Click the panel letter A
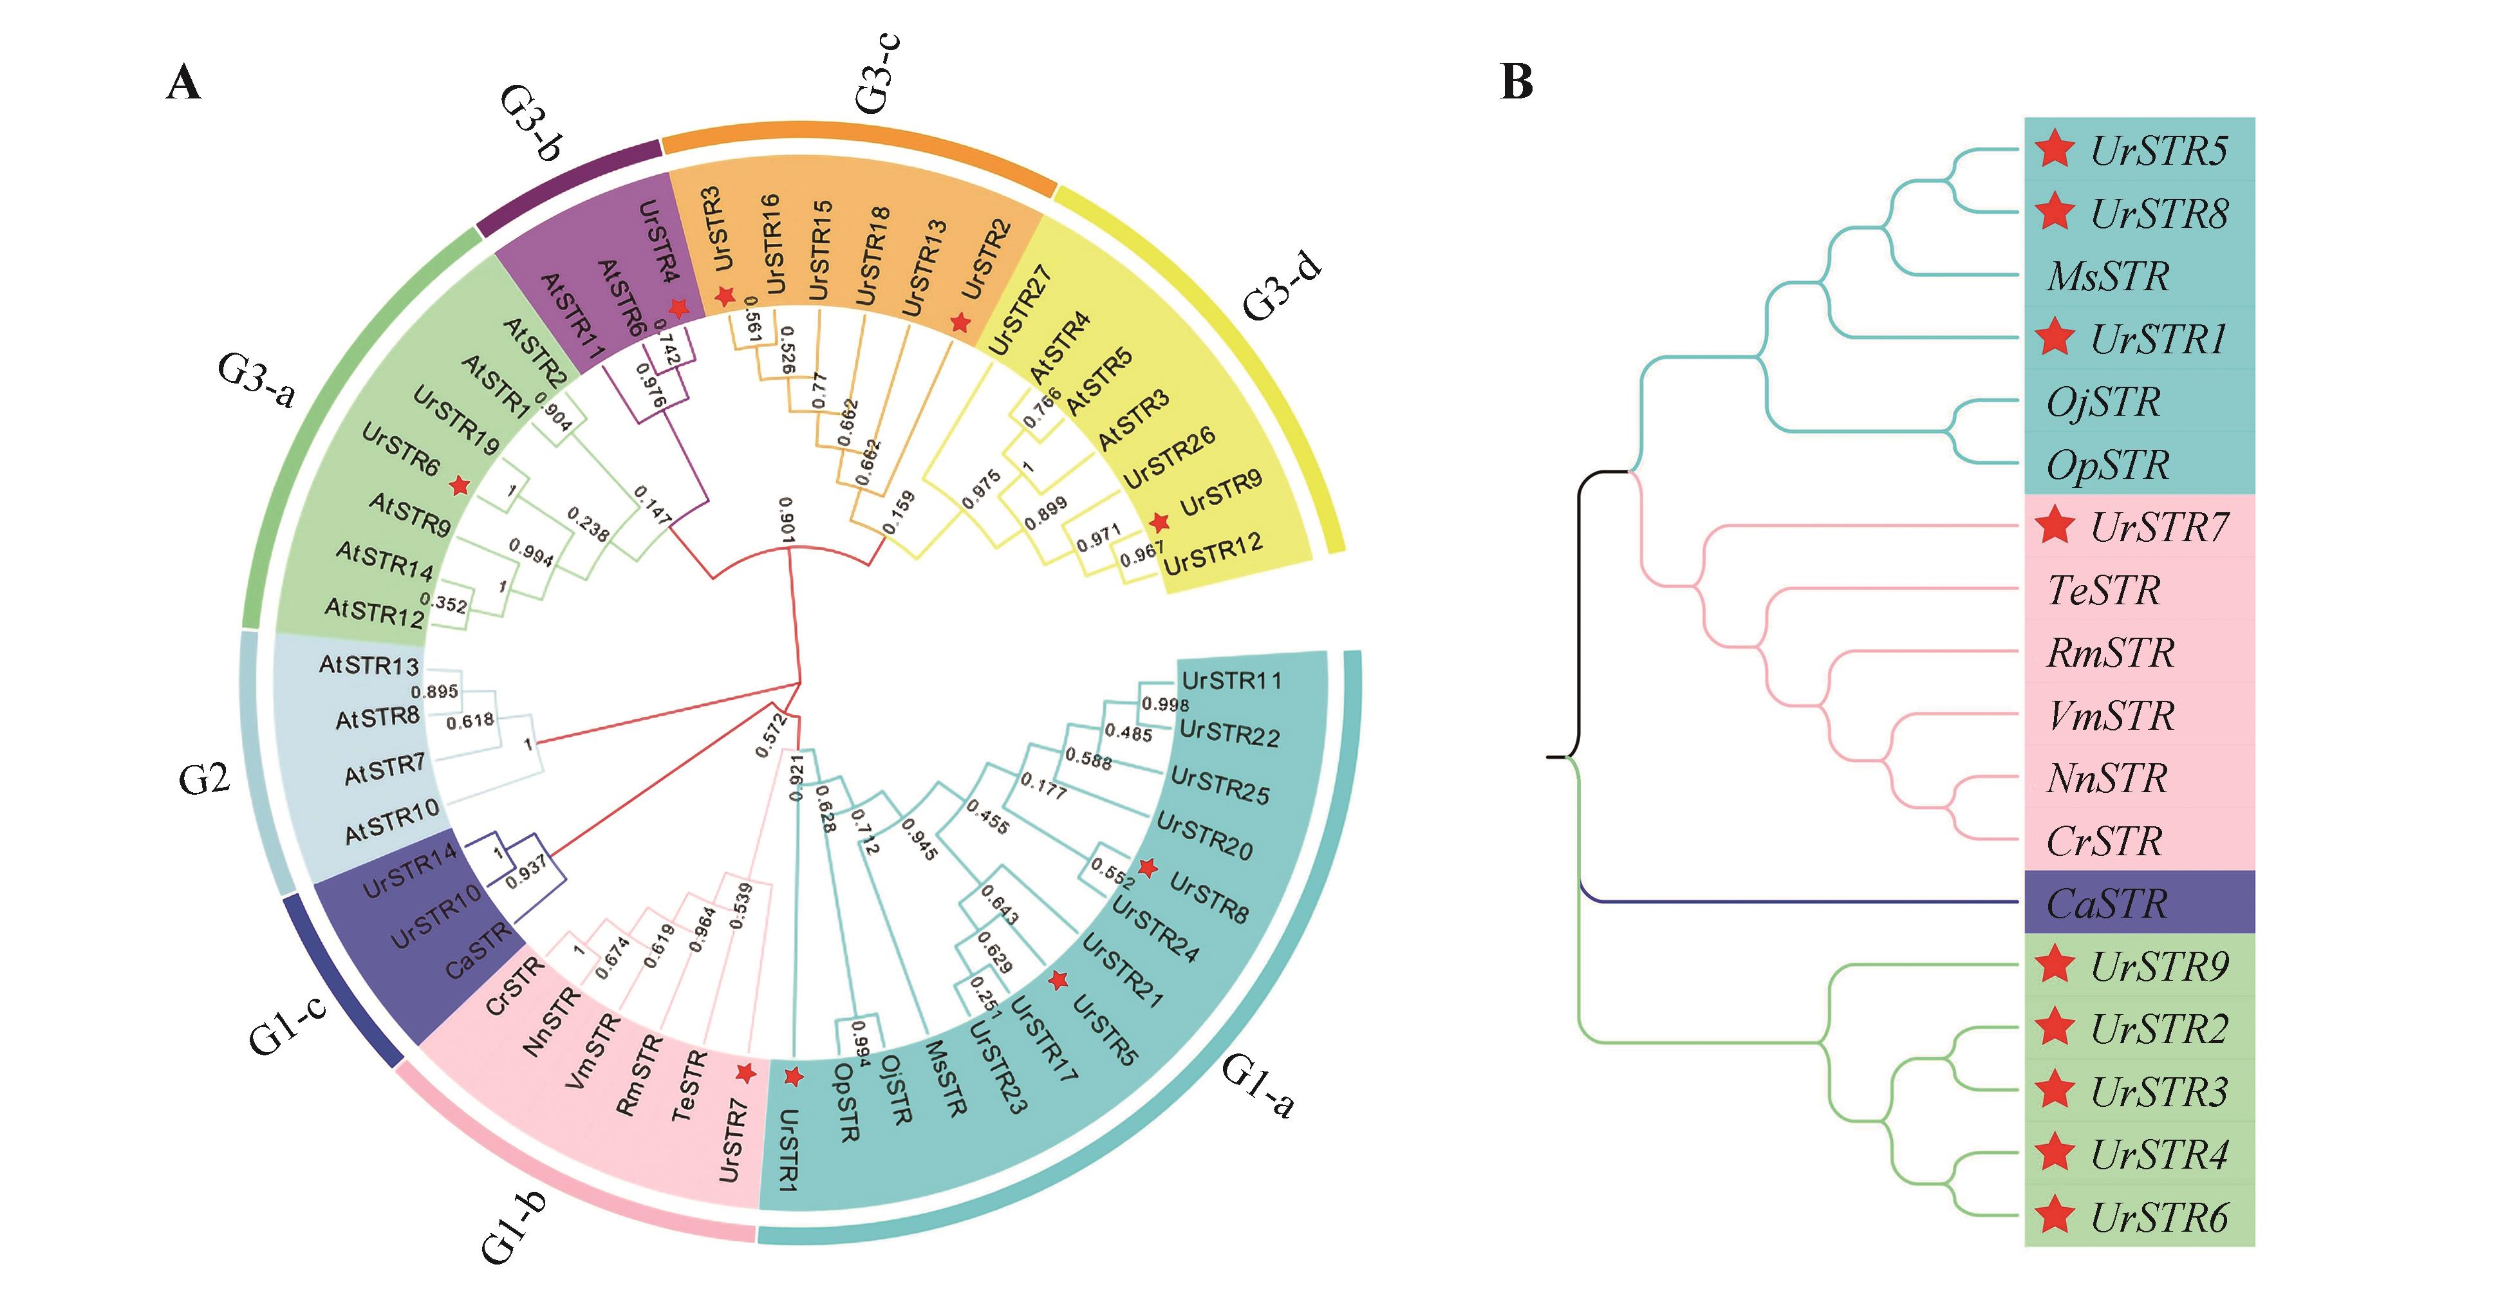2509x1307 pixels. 184,83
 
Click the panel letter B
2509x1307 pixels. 1516,82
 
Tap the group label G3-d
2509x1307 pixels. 1283,285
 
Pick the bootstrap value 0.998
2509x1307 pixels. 1165,704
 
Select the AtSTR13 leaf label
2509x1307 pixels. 369,665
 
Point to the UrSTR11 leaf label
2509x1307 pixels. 1231,681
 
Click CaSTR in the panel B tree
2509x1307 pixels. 2107,904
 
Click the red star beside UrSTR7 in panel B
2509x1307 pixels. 2055,526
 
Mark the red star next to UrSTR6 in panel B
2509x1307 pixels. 2055,1216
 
